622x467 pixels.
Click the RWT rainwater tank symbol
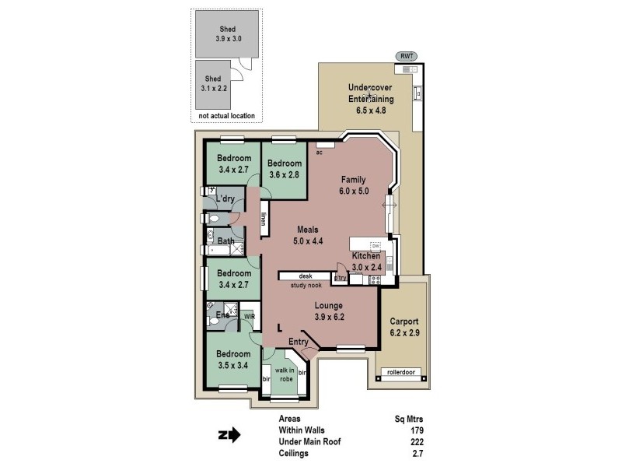click(x=406, y=56)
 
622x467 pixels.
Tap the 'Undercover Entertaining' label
click(x=371, y=93)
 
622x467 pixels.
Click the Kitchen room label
click(x=366, y=256)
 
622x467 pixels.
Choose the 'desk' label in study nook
click(x=305, y=276)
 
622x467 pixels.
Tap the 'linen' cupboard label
click(x=264, y=219)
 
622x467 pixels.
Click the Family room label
click(x=353, y=179)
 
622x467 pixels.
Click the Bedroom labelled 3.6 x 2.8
click(x=284, y=169)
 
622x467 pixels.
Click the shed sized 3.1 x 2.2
click(x=212, y=83)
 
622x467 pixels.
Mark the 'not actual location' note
click(x=227, y=116)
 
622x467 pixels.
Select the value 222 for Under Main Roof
click(x=416, y=441)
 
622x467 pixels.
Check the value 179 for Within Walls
click(x=416, y=429)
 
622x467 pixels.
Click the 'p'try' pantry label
click(x=340, y=277)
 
